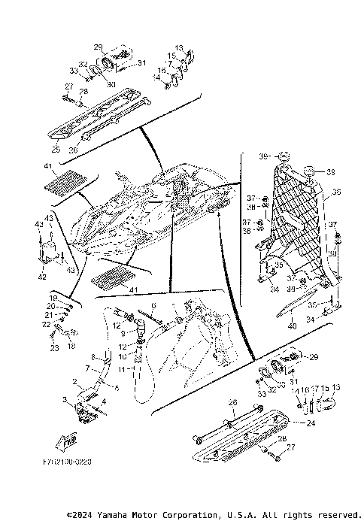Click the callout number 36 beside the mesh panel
[x=335, y=192]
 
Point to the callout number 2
[x=74, y=382]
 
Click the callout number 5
[x=116, y=387]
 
